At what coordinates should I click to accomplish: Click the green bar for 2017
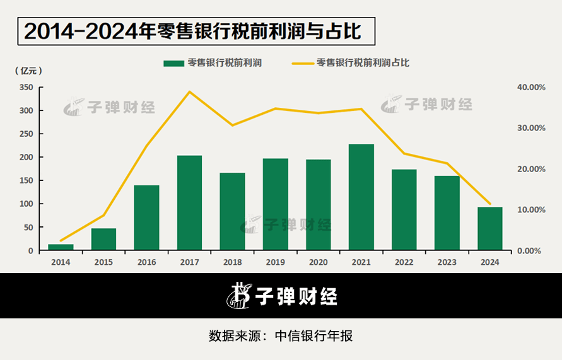(189, 202)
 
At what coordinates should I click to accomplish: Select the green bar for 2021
(361, 197)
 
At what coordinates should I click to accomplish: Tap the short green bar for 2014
(61, 247)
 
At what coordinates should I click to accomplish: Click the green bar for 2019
(275, 204)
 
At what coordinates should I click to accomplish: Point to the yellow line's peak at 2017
(189, 92)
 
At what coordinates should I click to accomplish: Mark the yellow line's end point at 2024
(490, 204)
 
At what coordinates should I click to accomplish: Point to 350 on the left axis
(26, 87)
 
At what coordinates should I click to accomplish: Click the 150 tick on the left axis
(26, 180)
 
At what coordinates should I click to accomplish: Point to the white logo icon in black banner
(239, 295)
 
